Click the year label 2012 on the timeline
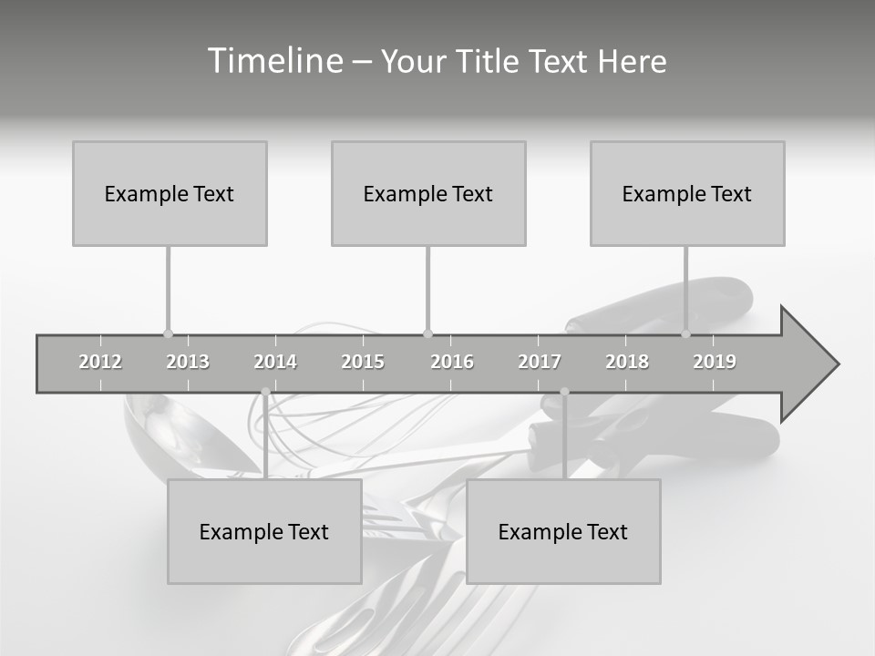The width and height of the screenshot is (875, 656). coord(100,362)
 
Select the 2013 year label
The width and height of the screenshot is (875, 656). coord(188,362)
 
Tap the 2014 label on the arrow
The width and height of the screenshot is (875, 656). coord(275,362)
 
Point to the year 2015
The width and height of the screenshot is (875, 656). coord(363,362)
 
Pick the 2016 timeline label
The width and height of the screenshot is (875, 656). coord(452,362)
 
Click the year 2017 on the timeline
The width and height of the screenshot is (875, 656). coord(540,362)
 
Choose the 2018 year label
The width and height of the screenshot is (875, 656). coord(627,362)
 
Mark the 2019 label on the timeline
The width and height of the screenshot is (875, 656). coord(715,362)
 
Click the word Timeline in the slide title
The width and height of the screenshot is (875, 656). coord(273,61)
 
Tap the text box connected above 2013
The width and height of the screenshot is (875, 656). coord(170,193)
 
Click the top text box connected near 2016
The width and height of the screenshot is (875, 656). coord(428,193)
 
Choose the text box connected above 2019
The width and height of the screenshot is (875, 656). coord(687,193)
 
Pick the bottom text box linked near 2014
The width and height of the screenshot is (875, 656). coord(264,531)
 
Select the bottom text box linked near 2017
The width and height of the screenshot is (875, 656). coord(563,531)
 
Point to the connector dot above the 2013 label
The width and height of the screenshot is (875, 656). coord(168,333)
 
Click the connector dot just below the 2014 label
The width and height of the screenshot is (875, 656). coord(265,392)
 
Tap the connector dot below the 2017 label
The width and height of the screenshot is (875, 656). coord(564,392)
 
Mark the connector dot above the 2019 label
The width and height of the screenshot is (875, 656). coord(685,333)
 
